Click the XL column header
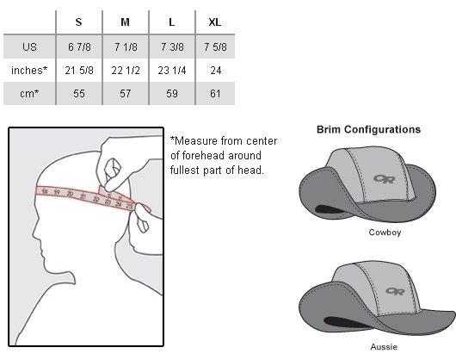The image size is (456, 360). [x=214, y=22]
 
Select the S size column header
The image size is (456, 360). [x=78, y=22]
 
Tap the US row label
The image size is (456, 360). [x=29, y=47]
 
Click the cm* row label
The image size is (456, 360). [x=29, y=93]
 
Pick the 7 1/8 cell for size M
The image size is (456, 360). [x=126, y=47]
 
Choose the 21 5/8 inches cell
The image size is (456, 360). [x=79, y=70]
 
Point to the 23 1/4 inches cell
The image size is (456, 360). [x=172, y=70]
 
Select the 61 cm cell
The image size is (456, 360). [x=215, y=93]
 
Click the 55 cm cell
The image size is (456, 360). [x=79, y=93]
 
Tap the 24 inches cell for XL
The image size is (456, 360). [x=215, y=70]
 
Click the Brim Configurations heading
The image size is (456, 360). [x=368, y=129]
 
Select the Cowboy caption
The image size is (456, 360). [x=385, y=233]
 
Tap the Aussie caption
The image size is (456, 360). [x=384, y=346]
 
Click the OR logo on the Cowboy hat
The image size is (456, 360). [x=385, y=178]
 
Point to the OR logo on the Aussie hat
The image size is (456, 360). [x=395, y=291]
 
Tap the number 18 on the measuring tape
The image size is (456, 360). [x=45, y=191]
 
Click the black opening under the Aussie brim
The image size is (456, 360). [x=346, y=323]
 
